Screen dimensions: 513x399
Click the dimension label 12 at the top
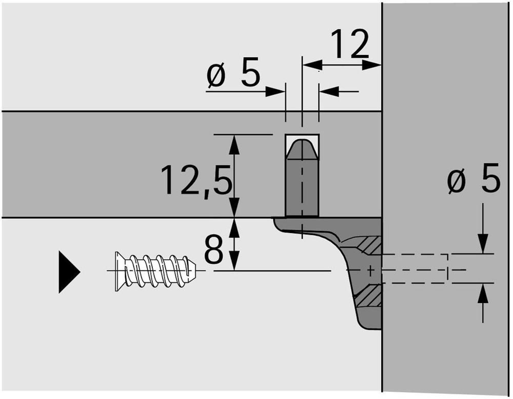click(349, 44)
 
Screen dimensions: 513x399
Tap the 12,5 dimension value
click(196, 181)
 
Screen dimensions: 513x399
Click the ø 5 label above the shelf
click(233, 73)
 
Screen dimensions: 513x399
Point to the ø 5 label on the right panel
click(473, 178)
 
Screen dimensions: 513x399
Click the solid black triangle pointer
click(69, 272)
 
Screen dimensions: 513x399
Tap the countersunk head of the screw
click(120, 271)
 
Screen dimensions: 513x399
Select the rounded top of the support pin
click(302, 149)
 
